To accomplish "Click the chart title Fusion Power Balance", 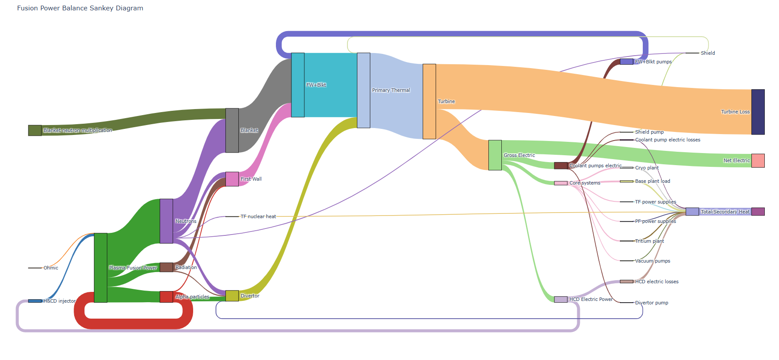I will click(80, 8).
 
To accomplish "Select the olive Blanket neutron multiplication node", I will click(35, 130).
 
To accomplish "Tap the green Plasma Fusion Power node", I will click(100, 268).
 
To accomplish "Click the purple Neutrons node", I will click(166, 221).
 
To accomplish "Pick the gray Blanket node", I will click(232, 130).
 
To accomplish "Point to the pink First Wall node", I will click(232, 179).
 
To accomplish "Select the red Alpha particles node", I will click(166, 297).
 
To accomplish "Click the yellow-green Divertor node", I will click(232, 296).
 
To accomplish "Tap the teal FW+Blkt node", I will click(298, 85).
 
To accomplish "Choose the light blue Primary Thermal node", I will click(363, 90).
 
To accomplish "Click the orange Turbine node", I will click(429, 101).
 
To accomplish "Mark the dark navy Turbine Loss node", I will click(758, 112).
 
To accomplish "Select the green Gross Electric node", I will click(495, 155).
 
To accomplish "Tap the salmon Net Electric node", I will click(758, 160).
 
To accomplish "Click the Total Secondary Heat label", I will click(725, 212).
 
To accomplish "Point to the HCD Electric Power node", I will click(561, 299).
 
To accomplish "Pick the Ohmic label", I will click(51, 268).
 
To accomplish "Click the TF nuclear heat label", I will click(258, 216).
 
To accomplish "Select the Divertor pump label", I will click(651, 303).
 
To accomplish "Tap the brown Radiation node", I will click(166, 267).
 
